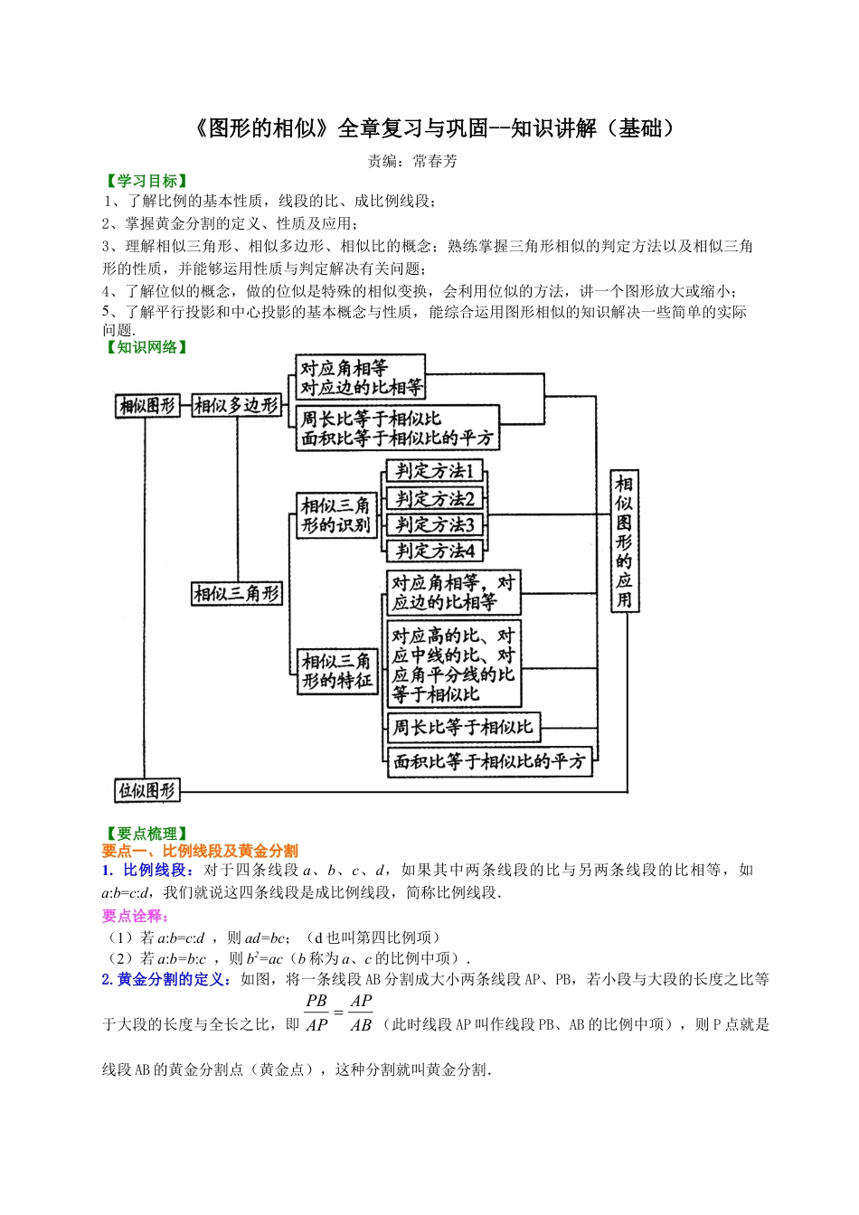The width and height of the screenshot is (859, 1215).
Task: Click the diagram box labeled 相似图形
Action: click(147, 406)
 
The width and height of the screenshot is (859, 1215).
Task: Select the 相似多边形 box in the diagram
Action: click(237, 406)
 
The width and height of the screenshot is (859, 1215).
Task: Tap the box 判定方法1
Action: click(435, 471)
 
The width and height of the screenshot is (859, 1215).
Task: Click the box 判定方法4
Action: click(435, 550)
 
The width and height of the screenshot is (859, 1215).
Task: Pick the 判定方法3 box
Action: click(435, 524)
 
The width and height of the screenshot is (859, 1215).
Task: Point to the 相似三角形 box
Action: click(237, 594)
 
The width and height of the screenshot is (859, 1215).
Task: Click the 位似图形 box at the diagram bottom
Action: click(147, 791)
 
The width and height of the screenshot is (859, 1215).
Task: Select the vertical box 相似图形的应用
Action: click(624, 541)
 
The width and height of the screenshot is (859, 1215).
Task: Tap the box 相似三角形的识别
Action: click(336, 515)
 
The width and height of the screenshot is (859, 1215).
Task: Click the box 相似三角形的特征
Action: click(337, 671)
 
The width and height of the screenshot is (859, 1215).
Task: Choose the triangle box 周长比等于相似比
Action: click(463, 727)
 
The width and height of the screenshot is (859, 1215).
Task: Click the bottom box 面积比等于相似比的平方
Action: click(489, 761)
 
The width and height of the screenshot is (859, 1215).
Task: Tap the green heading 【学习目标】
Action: click(146, 181)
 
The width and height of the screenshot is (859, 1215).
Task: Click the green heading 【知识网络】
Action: click(146, 347)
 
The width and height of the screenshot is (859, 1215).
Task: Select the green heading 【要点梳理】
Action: click(146, 834)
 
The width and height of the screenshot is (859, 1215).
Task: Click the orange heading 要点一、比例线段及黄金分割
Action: click(200, 851)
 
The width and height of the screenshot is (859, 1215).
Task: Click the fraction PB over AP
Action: click(316, 1012)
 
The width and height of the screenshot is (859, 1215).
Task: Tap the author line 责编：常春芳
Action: click(412, 161)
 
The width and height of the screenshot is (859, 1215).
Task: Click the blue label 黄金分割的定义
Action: click(173, 979)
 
